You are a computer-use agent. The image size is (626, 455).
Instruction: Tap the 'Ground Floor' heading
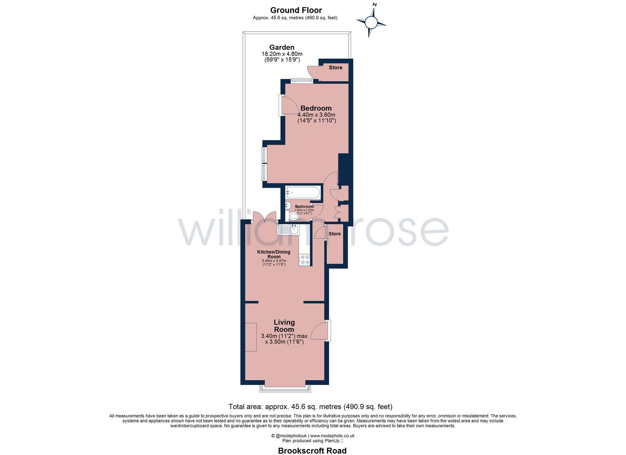(296, 10)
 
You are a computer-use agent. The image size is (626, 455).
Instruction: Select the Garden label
(282, 47)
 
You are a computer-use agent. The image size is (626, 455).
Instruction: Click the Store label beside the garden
(336, 67)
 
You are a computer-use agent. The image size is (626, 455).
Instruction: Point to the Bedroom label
(316, 108)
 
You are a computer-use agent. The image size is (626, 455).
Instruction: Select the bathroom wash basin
(288, 206)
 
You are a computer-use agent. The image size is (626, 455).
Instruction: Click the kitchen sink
(289, 230)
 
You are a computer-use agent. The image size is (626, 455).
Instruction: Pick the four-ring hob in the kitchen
(304, 260)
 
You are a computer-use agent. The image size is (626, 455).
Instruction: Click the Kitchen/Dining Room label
(274, 254)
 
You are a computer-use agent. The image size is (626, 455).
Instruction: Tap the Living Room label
(284, 326)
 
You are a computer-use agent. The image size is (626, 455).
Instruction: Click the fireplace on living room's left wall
(251, 337)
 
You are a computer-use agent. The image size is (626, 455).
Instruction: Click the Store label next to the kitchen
(335, 234)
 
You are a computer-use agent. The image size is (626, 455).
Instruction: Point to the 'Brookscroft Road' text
(312, 451)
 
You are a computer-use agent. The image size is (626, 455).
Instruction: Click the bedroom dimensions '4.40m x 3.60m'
(316, 115)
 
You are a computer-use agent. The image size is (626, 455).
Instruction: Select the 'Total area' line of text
(310, 407)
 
